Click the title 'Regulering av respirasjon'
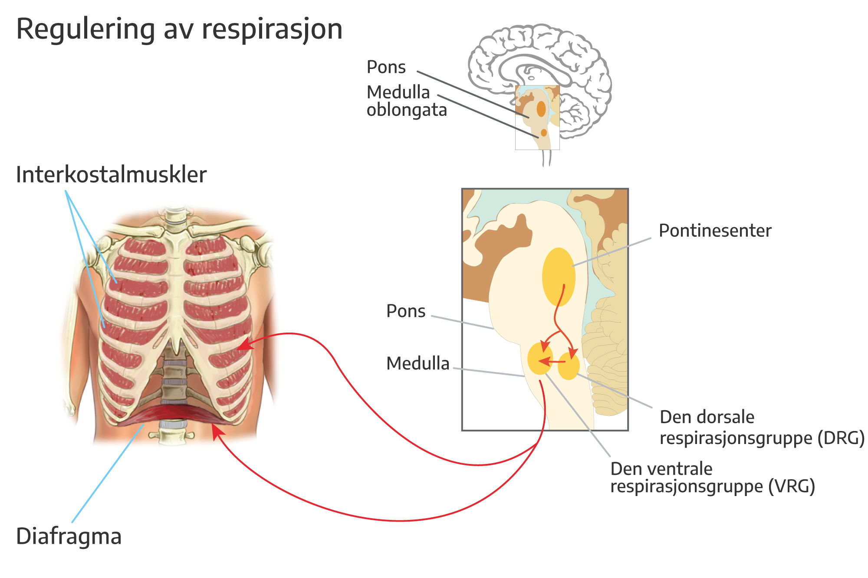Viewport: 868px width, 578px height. coord(179,29)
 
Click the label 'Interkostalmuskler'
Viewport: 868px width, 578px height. coord(111,175)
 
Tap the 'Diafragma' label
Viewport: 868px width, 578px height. coord(69,536)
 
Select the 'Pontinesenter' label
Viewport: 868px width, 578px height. coord(715,231)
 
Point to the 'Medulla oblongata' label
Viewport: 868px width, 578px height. coord(406,101)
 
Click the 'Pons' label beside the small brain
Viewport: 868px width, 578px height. coord(386,67)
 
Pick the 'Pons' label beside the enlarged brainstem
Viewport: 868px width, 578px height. coord(406,311)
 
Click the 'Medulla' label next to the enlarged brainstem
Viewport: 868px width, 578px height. coord(418,363)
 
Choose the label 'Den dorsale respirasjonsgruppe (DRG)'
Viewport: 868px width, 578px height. coord(762,428)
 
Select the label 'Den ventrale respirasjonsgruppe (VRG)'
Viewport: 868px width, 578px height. coord(712,478)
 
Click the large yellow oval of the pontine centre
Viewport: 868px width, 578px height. coord(559,277)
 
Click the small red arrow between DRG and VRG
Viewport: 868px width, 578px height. coord(550,361)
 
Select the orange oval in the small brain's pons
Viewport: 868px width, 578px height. coord(541,109)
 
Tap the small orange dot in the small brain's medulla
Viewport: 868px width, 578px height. coord(544,133)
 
